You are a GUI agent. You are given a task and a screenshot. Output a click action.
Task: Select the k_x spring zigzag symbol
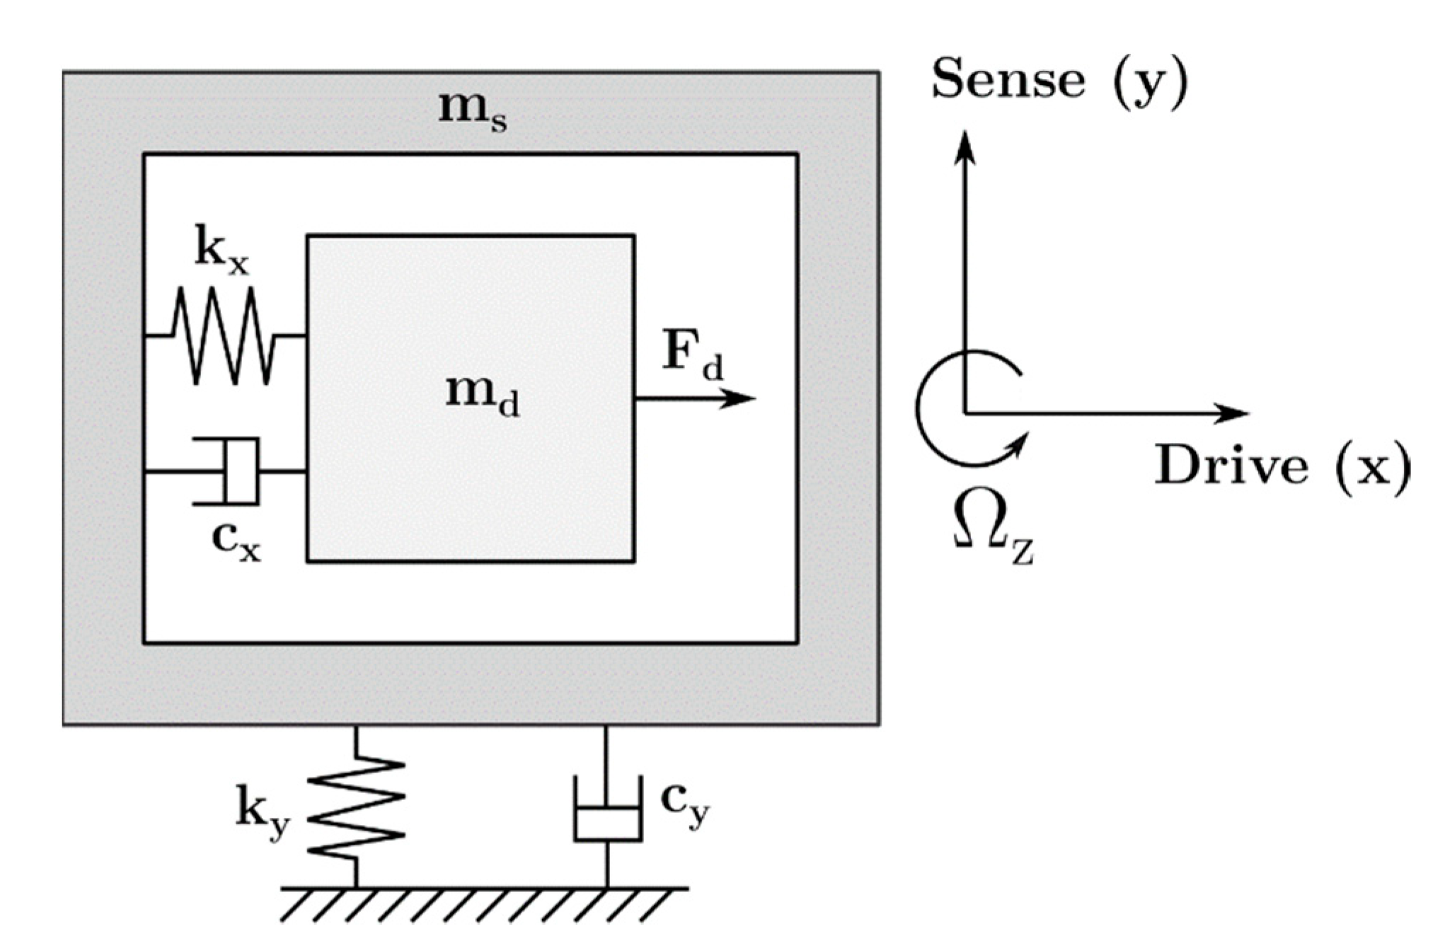224,335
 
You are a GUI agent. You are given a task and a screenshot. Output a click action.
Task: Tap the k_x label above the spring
221,252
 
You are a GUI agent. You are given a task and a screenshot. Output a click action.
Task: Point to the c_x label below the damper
236,542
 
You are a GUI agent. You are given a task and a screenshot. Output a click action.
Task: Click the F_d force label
692,354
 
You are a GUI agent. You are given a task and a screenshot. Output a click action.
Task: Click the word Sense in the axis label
1008,79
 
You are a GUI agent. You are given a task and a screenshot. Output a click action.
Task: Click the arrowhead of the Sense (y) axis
965,145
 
